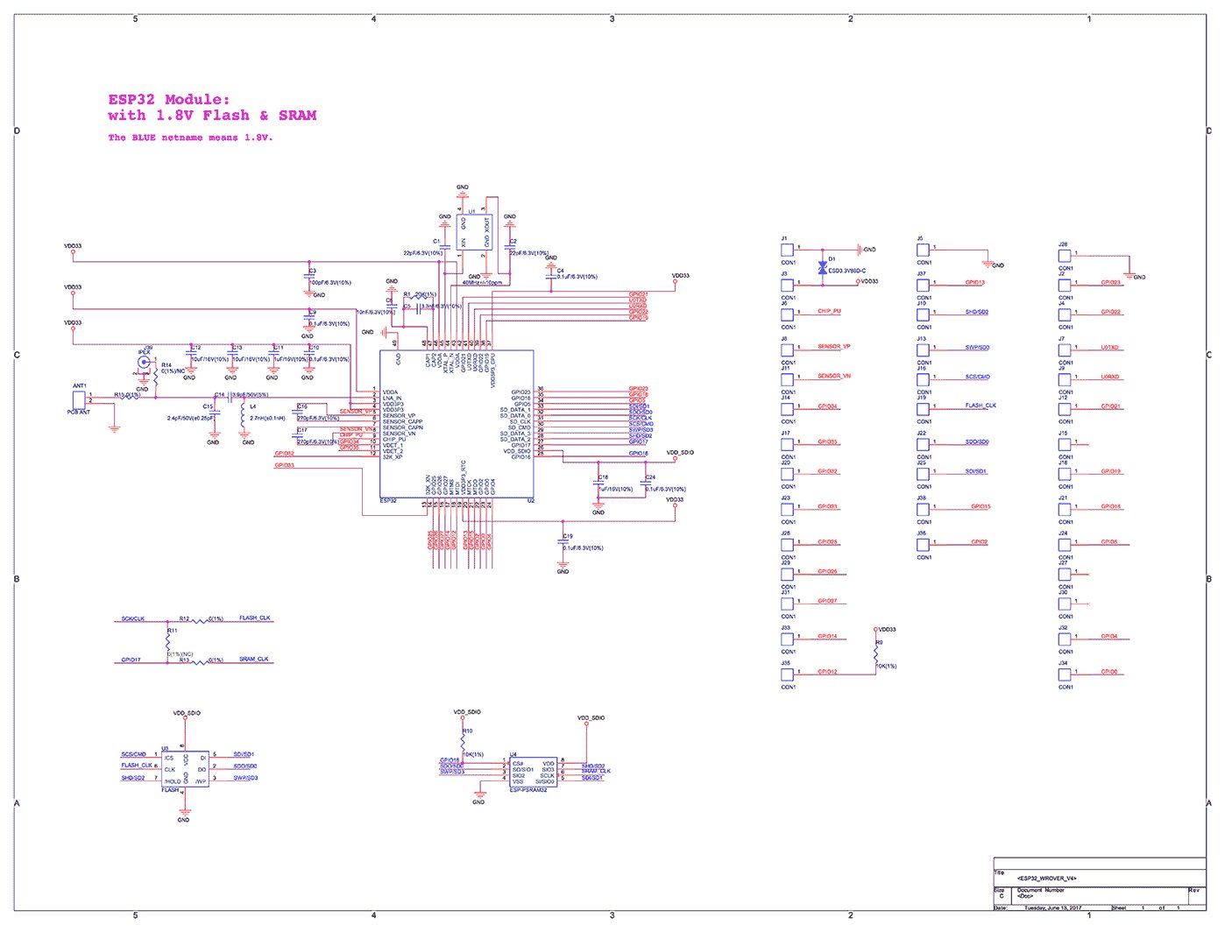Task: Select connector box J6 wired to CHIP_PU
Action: pos(787,314)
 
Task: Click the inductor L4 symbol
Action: pos(243,418)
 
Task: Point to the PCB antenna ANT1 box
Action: pos(80,398)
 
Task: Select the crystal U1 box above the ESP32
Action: pos(474,233)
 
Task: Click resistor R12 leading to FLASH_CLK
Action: pos(202,621)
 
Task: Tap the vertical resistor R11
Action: pos(168,641)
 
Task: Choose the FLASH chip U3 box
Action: pos(184,770)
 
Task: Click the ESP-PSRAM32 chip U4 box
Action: pos(533,773)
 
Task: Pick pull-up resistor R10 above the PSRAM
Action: pos(464,741)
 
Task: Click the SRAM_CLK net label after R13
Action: pos(254,659)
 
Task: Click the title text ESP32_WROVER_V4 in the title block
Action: pos(1046,878)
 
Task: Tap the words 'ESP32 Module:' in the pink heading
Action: pos(169,100)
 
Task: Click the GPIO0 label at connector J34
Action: pos(1109,672)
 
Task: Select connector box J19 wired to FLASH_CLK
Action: pos(923,409)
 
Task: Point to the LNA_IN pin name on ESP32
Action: pos(392,399)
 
